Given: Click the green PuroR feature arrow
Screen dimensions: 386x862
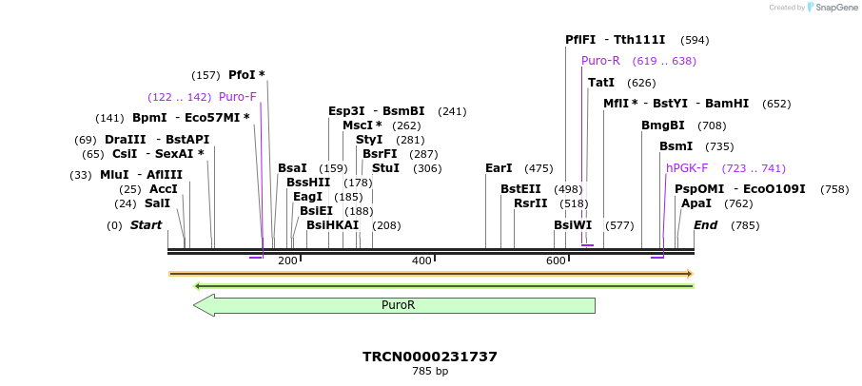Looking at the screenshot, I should pyautogui.click(x=394, y=305).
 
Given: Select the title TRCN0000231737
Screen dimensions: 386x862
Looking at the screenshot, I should pyautogui.click(x=430, y=357).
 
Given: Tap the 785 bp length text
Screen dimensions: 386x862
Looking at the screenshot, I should pyautogui.click(x=430, y=372).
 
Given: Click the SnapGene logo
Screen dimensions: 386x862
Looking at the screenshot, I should pyautogui.click(x=829, y=8).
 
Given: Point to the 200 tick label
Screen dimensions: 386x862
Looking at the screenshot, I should pyautogui.click(x=287, y=261).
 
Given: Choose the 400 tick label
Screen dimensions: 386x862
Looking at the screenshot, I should pyautogui.click(x=421, y=261).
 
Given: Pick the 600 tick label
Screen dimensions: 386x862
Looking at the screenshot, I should pyautogui.click(x=556, y=261).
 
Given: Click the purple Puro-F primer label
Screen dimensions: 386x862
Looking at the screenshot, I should pyautogui.click(x=238, y=97).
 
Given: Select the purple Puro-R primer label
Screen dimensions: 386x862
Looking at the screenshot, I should pyautogui.click(x=601, y=61).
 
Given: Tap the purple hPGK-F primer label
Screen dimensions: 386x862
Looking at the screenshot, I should pyautogui.click(x=687, y=168).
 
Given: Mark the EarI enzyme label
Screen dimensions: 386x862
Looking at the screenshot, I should pyautogui.click(x=499, y=168).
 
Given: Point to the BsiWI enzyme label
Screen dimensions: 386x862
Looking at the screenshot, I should pyautogui.click(x=573, y=225).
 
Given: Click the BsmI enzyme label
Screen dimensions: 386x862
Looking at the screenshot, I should pyautogui.click(x=676, y=146).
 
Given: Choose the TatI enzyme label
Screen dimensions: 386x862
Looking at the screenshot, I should pyautogui.click(x=601, y=83).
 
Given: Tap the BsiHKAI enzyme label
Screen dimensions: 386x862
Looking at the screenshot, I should pyautogui.click(x=333, y=225).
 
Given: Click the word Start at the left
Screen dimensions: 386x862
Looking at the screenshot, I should pyautogui.click(x=147, y=225).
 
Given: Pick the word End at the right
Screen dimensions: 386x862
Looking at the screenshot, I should pyautogui.click(x=705, y=225).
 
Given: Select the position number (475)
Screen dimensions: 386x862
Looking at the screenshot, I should pyautogui.click(x=539, y=168).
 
